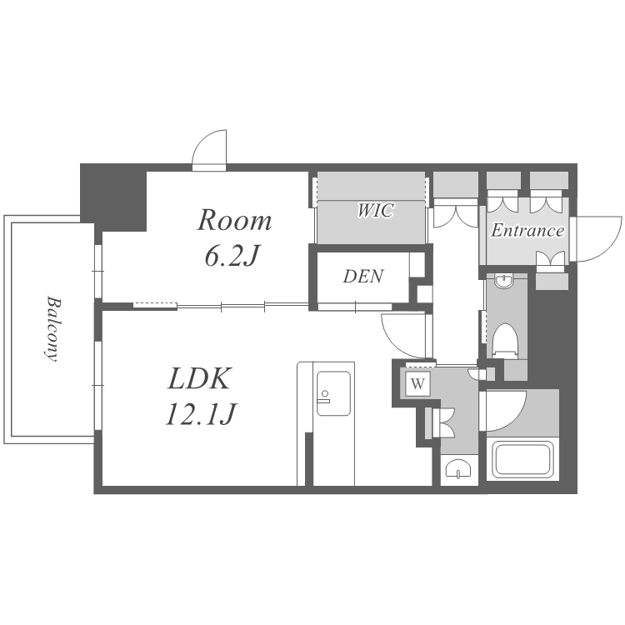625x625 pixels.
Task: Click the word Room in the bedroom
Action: point(234,220)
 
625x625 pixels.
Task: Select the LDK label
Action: point(199,378)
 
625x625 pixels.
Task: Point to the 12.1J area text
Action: point(202,413)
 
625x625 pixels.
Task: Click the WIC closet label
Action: point(376,210)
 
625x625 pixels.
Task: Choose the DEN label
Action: point(363,276)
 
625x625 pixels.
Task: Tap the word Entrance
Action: point(527,230)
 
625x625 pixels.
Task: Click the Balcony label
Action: point(52,329)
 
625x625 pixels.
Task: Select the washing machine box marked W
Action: point(417,384)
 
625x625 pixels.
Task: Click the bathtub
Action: point(522,458)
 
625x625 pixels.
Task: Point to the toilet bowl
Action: point(505,341)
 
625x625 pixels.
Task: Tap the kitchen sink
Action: point(333,393)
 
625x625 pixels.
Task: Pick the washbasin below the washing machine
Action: point(458,469)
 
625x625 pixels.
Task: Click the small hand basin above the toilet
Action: point(505,281)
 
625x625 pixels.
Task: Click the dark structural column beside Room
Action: point(113,197)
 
